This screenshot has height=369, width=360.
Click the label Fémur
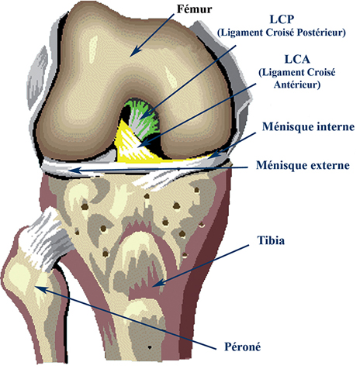coord(194,9)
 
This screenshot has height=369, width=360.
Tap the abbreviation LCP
coord(282,19)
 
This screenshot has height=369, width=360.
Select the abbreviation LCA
coord(297,60)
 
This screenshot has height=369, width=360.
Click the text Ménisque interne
coord(308,127)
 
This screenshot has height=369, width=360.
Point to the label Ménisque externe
coord(303,165)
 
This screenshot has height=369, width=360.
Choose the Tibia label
coord(271,240)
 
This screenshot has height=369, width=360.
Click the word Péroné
coord(242,347)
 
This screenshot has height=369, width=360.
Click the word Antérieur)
coord(297,84)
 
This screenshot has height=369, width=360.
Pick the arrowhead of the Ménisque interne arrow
coord(214,154)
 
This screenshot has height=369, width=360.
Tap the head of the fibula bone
coord(25,279)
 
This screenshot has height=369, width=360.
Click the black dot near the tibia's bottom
coord(149,347)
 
